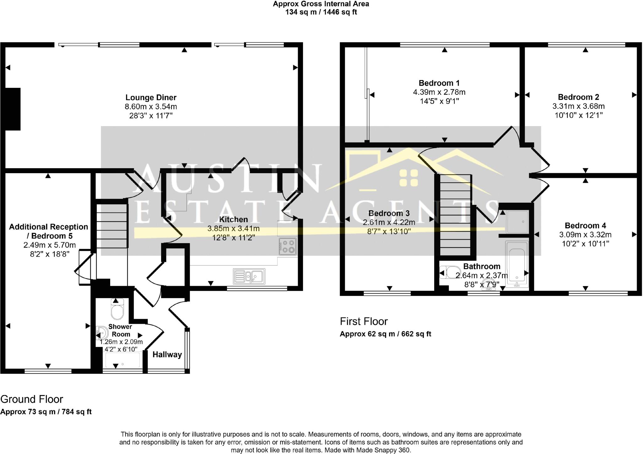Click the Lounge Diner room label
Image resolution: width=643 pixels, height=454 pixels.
pos(151,98)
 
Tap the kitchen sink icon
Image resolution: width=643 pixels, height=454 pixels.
pos(249,276)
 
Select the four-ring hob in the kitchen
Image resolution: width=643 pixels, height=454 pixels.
pos(288,246)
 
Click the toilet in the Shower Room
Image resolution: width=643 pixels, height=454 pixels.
pos(118,309)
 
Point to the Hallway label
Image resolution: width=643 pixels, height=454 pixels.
pos(167,355)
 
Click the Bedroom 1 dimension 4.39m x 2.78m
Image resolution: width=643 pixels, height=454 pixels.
pos(439,92)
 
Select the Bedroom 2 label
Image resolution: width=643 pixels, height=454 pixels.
pos(578,97)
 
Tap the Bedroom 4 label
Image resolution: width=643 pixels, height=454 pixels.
pos(585,226)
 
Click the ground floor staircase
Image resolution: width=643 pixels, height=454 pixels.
pos(112,226)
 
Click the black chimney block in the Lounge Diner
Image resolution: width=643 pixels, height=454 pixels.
pos(13,109)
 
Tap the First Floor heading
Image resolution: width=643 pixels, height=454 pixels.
pos(364,321)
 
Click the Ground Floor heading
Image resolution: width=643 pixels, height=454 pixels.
pos(32,399)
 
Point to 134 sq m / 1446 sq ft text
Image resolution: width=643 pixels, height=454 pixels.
pos(321,12)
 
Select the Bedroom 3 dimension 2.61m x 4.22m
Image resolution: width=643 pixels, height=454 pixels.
pos(389,222)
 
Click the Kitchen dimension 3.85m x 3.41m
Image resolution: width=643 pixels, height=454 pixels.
pos(233,229)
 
